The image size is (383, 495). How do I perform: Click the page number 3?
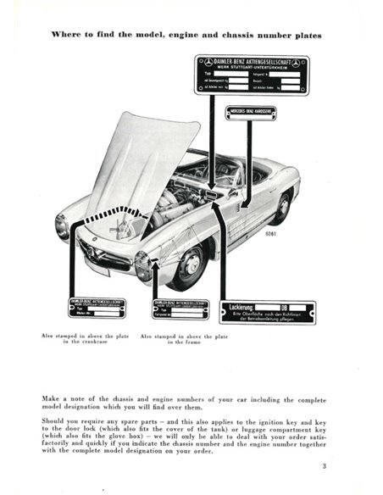[323, 465]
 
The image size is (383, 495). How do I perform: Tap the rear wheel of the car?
[282, 207]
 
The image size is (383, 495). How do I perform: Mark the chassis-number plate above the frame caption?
[180, 309]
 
